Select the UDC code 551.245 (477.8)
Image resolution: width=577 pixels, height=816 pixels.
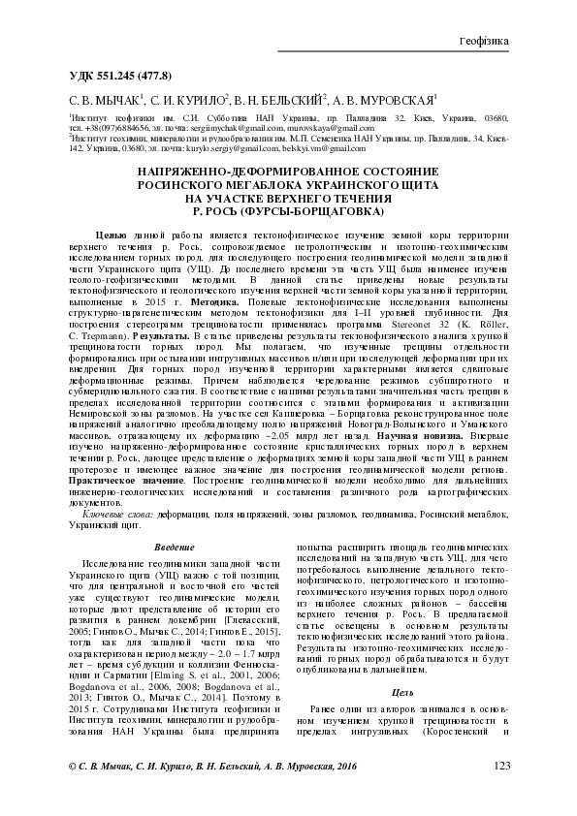[x=121, y=76]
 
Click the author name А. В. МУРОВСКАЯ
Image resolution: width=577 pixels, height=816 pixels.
[x=386, y=99]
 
